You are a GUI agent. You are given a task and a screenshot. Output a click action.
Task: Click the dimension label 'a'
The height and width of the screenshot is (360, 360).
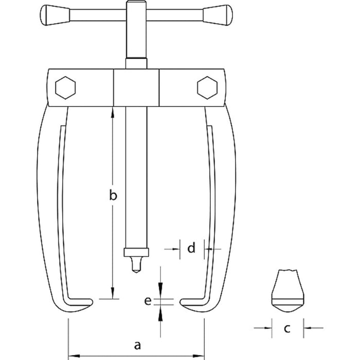point(137,345)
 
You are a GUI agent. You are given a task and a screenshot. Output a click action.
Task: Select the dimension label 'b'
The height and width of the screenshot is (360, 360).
point(113,195)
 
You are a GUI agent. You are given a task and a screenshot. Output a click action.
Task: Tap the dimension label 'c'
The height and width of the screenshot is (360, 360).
point(287,328)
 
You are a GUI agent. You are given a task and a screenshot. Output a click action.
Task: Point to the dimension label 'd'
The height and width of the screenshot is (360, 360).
point(191,247)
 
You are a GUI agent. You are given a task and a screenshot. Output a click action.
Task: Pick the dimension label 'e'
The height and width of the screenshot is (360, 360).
point(148,301)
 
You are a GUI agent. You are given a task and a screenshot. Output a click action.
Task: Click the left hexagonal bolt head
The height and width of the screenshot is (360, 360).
point(65,88)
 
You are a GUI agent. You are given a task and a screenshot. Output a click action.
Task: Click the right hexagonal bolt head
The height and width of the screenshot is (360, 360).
point(207,88)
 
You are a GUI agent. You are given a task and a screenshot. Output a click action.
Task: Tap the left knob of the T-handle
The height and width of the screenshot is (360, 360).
point(55,15)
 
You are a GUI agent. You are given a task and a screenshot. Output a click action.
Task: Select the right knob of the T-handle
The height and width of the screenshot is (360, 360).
point(218,15)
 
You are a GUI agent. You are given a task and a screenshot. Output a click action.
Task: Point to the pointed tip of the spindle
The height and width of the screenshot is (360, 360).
point(136,272)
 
